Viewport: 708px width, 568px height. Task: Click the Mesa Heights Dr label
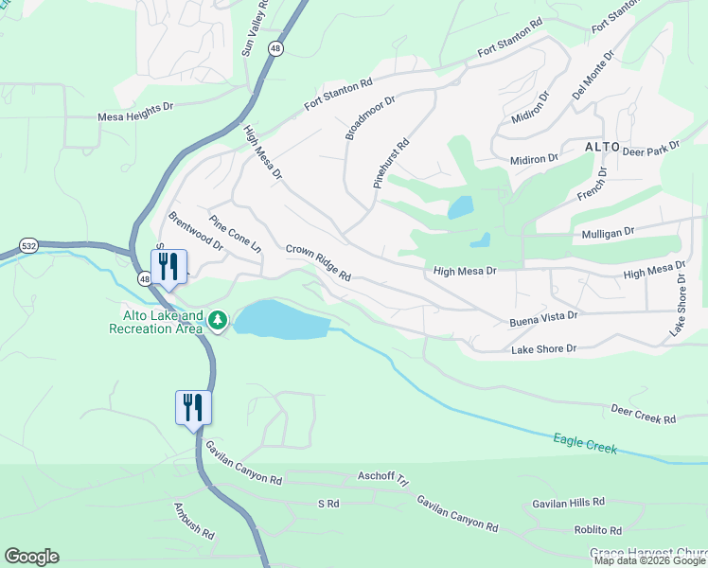(x=136, y=119)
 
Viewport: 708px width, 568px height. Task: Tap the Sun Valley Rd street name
(x=255, y=29)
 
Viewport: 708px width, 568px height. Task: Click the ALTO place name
(x=602, y=147)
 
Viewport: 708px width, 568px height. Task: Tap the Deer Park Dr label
(x=652, y=148)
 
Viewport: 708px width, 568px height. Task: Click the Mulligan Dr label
(x=603, y=230)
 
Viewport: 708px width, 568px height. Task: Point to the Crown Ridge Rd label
(x=319, y=263)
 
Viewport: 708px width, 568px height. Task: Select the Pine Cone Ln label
(x=236, y=235)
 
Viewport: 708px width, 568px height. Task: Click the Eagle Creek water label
(x=585, y=442)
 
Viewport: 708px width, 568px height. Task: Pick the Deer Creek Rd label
(x=644, y=414)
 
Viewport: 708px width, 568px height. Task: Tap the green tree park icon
(x=219, y=321)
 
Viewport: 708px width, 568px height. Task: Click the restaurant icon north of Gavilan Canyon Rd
(x=194, y=409)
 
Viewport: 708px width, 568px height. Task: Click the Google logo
(x=31, y=557)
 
